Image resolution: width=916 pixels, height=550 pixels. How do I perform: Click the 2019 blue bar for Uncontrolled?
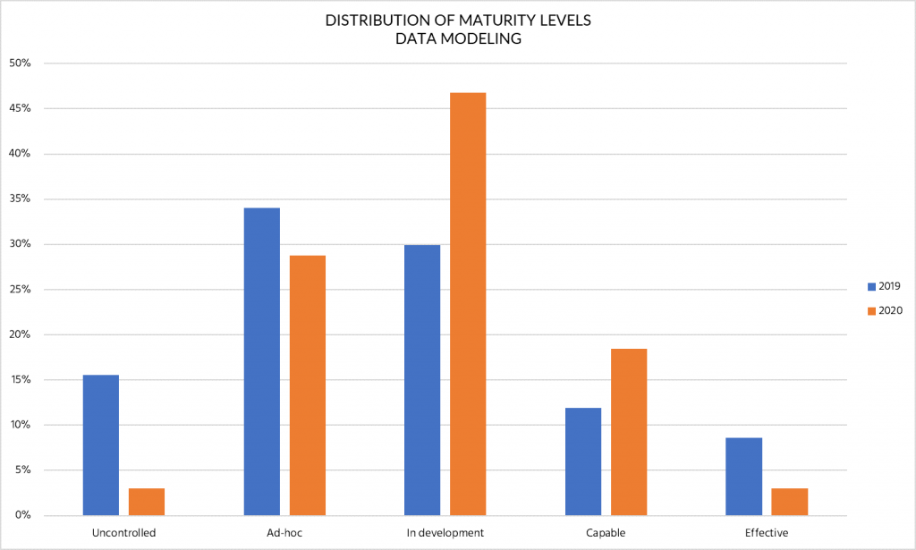pos(100,444)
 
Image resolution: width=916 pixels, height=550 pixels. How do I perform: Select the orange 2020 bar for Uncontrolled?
pos(147,502)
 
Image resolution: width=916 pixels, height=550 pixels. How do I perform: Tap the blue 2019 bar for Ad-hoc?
pos(261,361)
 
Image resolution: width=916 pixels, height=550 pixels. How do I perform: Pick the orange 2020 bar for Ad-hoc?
pos(308,385)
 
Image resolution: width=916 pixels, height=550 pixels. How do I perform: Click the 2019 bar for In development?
pos(422,380)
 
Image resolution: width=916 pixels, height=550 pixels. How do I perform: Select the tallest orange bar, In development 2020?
pos(468,304)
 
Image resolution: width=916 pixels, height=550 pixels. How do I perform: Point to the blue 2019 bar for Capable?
pos(583,461)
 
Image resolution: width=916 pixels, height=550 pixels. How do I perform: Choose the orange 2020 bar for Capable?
pos(629,432)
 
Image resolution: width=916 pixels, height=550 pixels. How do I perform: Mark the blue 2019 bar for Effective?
pos(744,476)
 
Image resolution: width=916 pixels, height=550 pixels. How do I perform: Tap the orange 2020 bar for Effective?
pos(790,502)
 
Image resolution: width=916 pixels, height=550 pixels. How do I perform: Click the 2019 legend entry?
pos(884,286)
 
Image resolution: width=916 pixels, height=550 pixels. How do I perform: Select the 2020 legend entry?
pos(884,310)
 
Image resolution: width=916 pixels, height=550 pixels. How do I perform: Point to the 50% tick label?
pos(20,63)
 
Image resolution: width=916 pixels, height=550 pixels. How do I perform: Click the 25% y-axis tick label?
pos(20,290)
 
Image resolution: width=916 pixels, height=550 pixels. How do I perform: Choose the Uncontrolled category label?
pos(123,533)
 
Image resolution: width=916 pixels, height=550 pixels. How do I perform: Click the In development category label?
pos(445,533)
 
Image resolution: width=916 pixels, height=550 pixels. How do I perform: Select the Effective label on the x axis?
pos(767,533)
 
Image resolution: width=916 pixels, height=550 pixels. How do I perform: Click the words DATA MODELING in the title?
pos(458,39)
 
